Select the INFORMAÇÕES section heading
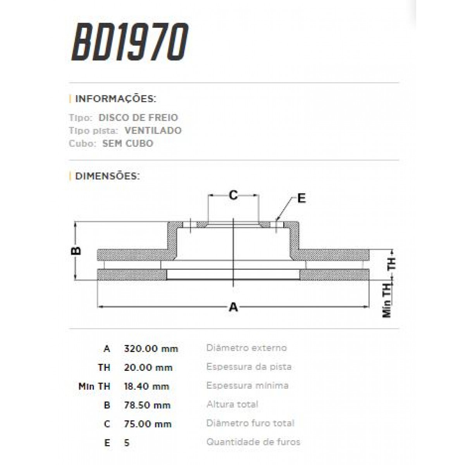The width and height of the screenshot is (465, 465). pyautogui.click(x=115, y=99)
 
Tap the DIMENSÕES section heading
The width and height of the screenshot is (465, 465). pyautogui.click(x=107, y=176)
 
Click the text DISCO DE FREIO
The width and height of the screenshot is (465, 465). pyautogui.click(x=138, y=118)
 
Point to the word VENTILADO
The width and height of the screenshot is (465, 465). pyautogui.click(x=153, y=131)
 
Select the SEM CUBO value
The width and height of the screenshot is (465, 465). pyautogui.click(x=127, y=143)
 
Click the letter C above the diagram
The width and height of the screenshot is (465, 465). pyautogui.click(x=233, y=195)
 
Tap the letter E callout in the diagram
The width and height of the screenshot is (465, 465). pyautogui.click(x=301, y=198)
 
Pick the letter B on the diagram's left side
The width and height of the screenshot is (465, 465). pyautogui.click(x=77, y=251)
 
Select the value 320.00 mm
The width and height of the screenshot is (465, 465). pyautogui.click(x=151, y=348)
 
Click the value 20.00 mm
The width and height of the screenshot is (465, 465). pyautogui.click(x=148, y=367)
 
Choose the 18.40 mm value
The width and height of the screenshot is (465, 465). pyautogui.click(x=146, y=386)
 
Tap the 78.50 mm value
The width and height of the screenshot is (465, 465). pyautogui.click(x=147, y=405)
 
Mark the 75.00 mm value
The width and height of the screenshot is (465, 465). pyautogui.click(x=147, y=424)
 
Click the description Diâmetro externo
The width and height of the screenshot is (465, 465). pyautogui.click(x=246, y=348)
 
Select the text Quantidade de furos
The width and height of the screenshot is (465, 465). pyautogui.click(x=253, y=442)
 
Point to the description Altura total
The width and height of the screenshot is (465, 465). pyautogui.click(x=232, y=404)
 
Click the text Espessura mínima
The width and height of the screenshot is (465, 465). pyautogui.click(x=247, y=386)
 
